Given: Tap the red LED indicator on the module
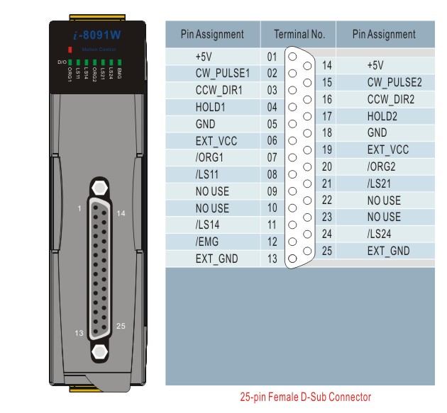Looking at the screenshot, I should click(x=70, y=50).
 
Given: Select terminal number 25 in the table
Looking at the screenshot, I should click(x=327, y=251).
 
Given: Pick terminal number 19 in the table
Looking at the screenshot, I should click(x=327, y=149).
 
